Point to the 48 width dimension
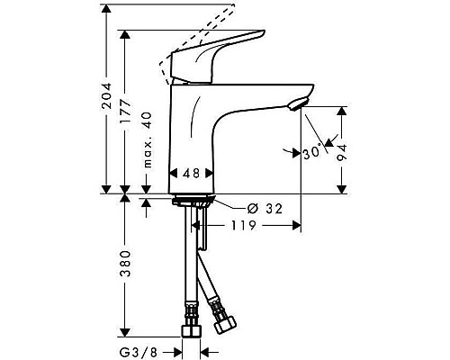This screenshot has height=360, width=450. coord(191,173)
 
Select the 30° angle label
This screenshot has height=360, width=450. coord(312,153)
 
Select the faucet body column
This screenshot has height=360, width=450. coord(193,135)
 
